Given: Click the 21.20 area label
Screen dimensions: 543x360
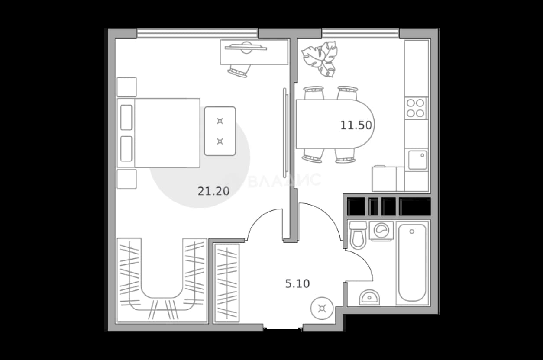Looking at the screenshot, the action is [213, 191].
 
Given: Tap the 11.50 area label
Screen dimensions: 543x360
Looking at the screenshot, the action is [356, 125].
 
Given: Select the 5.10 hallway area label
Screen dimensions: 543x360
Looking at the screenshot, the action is [297, 284].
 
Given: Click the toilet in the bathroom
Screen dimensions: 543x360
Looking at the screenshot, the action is [358, 235].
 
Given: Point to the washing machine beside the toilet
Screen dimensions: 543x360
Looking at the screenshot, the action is [381, 231].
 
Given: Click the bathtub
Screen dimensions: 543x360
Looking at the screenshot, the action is [412, 263].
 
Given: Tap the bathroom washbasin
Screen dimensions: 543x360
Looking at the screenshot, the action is [369, 298].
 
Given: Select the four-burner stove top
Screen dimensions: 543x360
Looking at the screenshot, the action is [415, 108].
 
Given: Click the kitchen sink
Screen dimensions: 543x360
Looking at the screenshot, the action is [417, 160].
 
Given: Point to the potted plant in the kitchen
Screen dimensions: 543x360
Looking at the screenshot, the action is [320, 59].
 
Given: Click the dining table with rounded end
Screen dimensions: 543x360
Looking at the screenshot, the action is [335, 124].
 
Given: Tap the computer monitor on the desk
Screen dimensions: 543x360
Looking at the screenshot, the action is [246, 48].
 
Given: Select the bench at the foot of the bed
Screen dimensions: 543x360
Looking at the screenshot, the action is [220, 131].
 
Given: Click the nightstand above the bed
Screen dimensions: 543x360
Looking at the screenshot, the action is [126, 87].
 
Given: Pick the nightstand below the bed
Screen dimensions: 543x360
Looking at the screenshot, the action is [126, 179].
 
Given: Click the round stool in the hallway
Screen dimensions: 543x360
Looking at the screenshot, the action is [322, 309].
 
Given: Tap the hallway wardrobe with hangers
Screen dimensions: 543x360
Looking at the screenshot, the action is [227, 283].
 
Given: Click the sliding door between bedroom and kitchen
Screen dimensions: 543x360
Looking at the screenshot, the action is [286, 133].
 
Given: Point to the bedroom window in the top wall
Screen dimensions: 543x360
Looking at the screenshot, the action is [197, 33].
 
